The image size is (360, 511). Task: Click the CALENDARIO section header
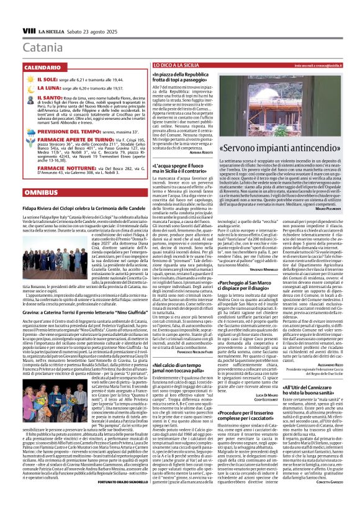(x=43, y=66)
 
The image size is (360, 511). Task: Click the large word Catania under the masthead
(x=43, y=47)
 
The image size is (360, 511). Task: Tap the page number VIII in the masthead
(x=29, y=30)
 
